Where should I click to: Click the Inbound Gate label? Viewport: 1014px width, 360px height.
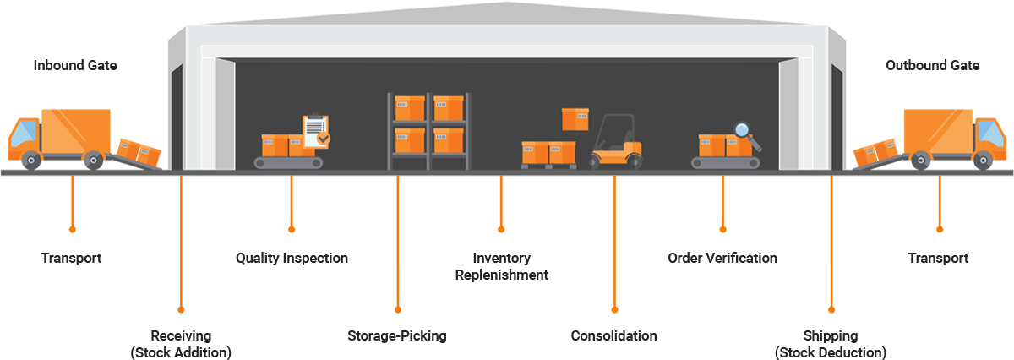pos(74,65)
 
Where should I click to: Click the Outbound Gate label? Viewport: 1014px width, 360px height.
pos(933,65)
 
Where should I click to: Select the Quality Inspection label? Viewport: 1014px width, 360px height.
pos(292,258)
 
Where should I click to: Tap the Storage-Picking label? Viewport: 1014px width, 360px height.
pos(397,335)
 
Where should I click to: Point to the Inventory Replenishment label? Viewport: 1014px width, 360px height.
pos(501,266)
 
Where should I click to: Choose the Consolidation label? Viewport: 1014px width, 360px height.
pos(613,335)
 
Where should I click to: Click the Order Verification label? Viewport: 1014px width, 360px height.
pos(722,258)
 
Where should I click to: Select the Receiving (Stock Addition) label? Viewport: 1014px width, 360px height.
pos(181,344)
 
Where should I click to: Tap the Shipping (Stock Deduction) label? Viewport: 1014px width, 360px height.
pos(831,344)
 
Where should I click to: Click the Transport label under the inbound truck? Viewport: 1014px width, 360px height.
pos(71,258)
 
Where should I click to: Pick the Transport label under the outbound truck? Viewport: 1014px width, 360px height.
pos(938,258)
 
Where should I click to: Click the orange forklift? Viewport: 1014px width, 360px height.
pos(616,142)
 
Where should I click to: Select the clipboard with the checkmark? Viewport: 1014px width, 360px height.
pos(315,131)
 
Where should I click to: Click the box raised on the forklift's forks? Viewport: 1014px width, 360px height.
pos(575,118)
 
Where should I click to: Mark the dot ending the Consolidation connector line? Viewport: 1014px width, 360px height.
pos(614,309)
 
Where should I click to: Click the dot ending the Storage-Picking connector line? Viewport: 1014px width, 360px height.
pos(398,309)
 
